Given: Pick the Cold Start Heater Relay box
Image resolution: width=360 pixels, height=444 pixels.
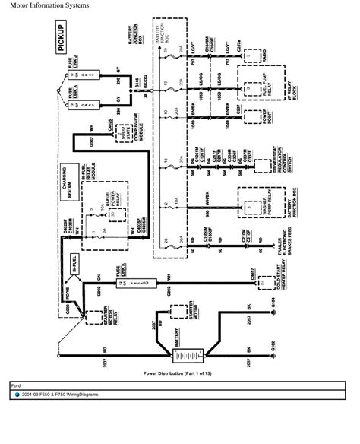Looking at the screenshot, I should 264,282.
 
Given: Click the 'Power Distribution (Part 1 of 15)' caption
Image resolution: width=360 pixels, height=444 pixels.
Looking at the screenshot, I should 180,375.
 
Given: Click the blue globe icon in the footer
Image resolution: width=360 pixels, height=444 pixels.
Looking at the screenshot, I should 17,395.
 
